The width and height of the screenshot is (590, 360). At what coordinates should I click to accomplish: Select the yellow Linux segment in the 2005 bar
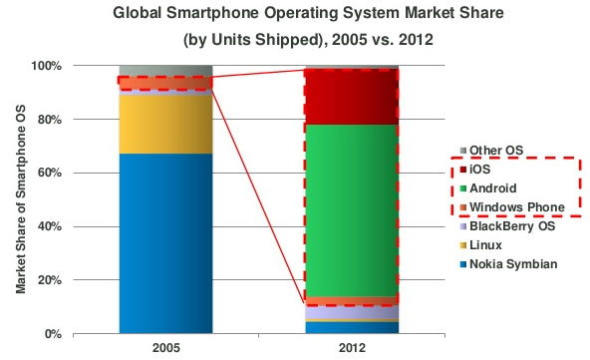(165, 124)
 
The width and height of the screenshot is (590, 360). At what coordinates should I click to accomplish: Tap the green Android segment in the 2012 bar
(351, 209)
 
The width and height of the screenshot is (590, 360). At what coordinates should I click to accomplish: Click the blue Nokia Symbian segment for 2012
(351, 326)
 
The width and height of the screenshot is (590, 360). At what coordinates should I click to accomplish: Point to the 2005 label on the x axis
(165, 349)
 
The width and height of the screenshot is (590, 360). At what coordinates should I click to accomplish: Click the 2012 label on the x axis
(351, 349)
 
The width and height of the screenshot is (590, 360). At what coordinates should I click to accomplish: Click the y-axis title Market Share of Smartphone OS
(20, 199)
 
